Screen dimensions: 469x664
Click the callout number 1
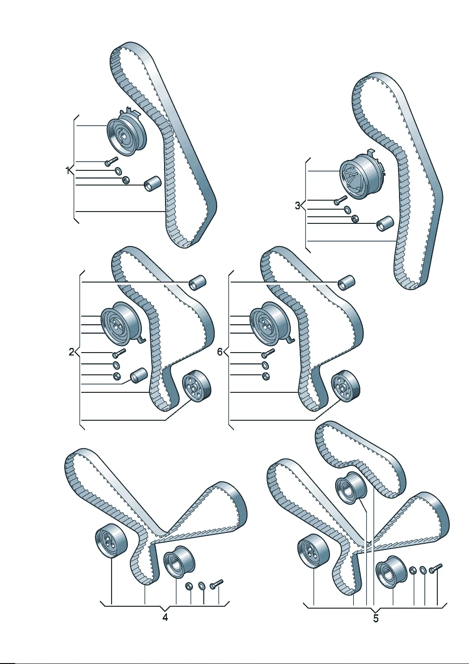point(68,170)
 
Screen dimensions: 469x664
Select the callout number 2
point(71,352)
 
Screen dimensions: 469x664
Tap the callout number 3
point(298,205)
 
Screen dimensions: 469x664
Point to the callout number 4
point(165,618)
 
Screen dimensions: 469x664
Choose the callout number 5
point(376,619)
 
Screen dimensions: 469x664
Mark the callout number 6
point(220,352)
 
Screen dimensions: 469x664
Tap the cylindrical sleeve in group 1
point(152,184)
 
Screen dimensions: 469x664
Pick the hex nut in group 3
point(354,219)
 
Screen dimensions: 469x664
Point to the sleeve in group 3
point(385,224)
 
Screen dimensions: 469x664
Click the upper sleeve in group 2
point(198,283)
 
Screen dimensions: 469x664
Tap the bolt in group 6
point(268,353)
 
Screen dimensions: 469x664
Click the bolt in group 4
point(217,584)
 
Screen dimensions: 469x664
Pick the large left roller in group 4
point(111,541)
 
